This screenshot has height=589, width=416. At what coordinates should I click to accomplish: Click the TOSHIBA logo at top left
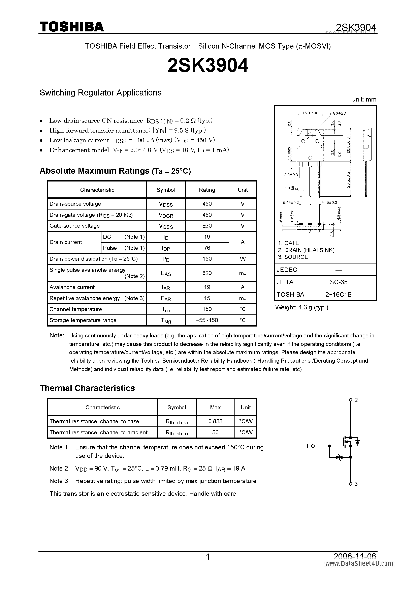pyautogui.click(x=71, y=27)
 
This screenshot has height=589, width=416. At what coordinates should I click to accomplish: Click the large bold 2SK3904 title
pyautogui.click(x=208, y=65)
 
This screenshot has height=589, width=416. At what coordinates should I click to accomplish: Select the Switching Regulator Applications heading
pyautogui.click(x=100, y=93)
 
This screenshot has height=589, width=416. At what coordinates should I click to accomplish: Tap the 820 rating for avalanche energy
pyautogui.click(x=207, y=273)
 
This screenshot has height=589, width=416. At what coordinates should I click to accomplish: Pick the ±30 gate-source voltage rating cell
pyautogui.click(x=207, y=226)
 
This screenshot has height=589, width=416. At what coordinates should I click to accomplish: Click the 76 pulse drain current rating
pyautogui.click(x=207, y=248)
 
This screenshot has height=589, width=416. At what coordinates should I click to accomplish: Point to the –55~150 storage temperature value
pyautogui.click(x=207, y=320)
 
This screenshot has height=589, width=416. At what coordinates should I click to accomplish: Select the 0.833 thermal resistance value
pyautogui.click(x=215, y=421)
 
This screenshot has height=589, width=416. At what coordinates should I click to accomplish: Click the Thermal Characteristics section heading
pyautogui.click(x=87, y=388)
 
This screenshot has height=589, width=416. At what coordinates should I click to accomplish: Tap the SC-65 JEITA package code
pyautogui.click(x=339, y=282)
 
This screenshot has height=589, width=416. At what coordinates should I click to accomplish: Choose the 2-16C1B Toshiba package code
pyautogui.click(x=338, y=294)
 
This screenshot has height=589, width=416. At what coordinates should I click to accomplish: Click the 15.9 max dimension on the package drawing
pyautogui.click(x=310, y=113)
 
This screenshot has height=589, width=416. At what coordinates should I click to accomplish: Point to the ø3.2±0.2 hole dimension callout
pyautogui.click(x=338, y=114)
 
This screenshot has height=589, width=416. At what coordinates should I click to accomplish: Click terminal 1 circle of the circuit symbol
pyautogui.click(x=313, y=446)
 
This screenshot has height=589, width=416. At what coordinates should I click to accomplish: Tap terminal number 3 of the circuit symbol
pyautogui.click(x=356, y=484)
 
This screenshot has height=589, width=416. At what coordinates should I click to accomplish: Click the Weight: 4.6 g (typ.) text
pyautogui.click(x=302, y=307)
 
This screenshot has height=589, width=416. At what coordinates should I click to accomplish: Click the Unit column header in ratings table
pyautogui.click(x=243, y=190)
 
